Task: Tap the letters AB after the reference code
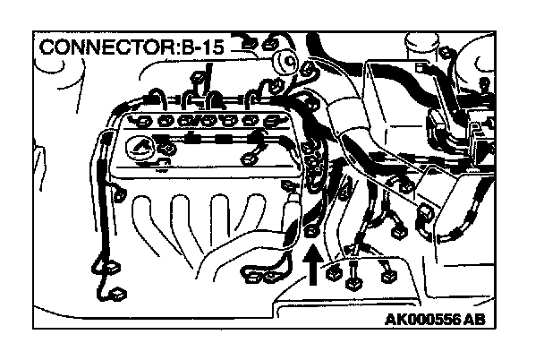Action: pos(485,319)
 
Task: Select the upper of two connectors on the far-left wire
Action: pos(112,266)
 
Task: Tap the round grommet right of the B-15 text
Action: pos(287,61)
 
